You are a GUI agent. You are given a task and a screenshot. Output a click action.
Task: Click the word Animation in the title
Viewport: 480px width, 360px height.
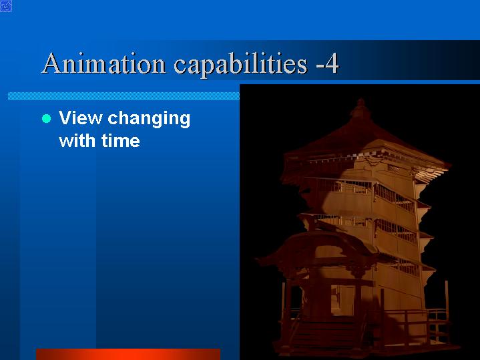pyautogui.click(x=103, y=63)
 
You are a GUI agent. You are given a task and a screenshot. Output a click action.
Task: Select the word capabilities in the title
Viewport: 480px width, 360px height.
pyautogui.click(x=240, y=65)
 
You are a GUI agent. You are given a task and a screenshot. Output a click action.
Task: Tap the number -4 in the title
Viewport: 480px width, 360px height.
pyautogui.click(x=327, y=63)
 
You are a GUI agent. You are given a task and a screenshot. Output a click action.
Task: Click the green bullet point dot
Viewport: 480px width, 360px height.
pyautogui.click(x=46, y=119)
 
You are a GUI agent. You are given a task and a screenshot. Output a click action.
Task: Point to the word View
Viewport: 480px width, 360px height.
pyautogui.click(x=80, y=118)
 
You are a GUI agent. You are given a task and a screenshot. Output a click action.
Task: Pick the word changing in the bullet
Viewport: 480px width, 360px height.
pyautogui.click(x=149, y=120)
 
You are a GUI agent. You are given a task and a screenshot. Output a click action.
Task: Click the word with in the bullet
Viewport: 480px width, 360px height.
pyautogui.click(x=77, y=141)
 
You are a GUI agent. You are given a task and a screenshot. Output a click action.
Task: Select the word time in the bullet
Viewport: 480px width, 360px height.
pyautogui.click(x=121, y=141)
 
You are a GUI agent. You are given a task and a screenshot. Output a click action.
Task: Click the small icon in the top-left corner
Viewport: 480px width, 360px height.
pyautogui.click(x=6, y=6)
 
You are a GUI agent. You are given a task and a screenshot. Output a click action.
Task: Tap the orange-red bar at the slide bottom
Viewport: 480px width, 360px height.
pyautogui.click(x=128, y=354)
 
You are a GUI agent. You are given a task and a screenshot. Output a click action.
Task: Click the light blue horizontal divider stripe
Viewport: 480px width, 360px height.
pyautogui.click(x=124, y=96)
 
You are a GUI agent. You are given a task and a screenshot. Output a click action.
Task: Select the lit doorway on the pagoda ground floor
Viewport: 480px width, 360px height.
pyautogui.click(x=342, y=301)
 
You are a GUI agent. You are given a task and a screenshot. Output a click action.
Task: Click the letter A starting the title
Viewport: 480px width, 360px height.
pyautogui.click(x=53, y=63)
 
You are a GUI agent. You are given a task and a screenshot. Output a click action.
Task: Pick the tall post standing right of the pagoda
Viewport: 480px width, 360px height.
pyautogui.click(x=447, y=309)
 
